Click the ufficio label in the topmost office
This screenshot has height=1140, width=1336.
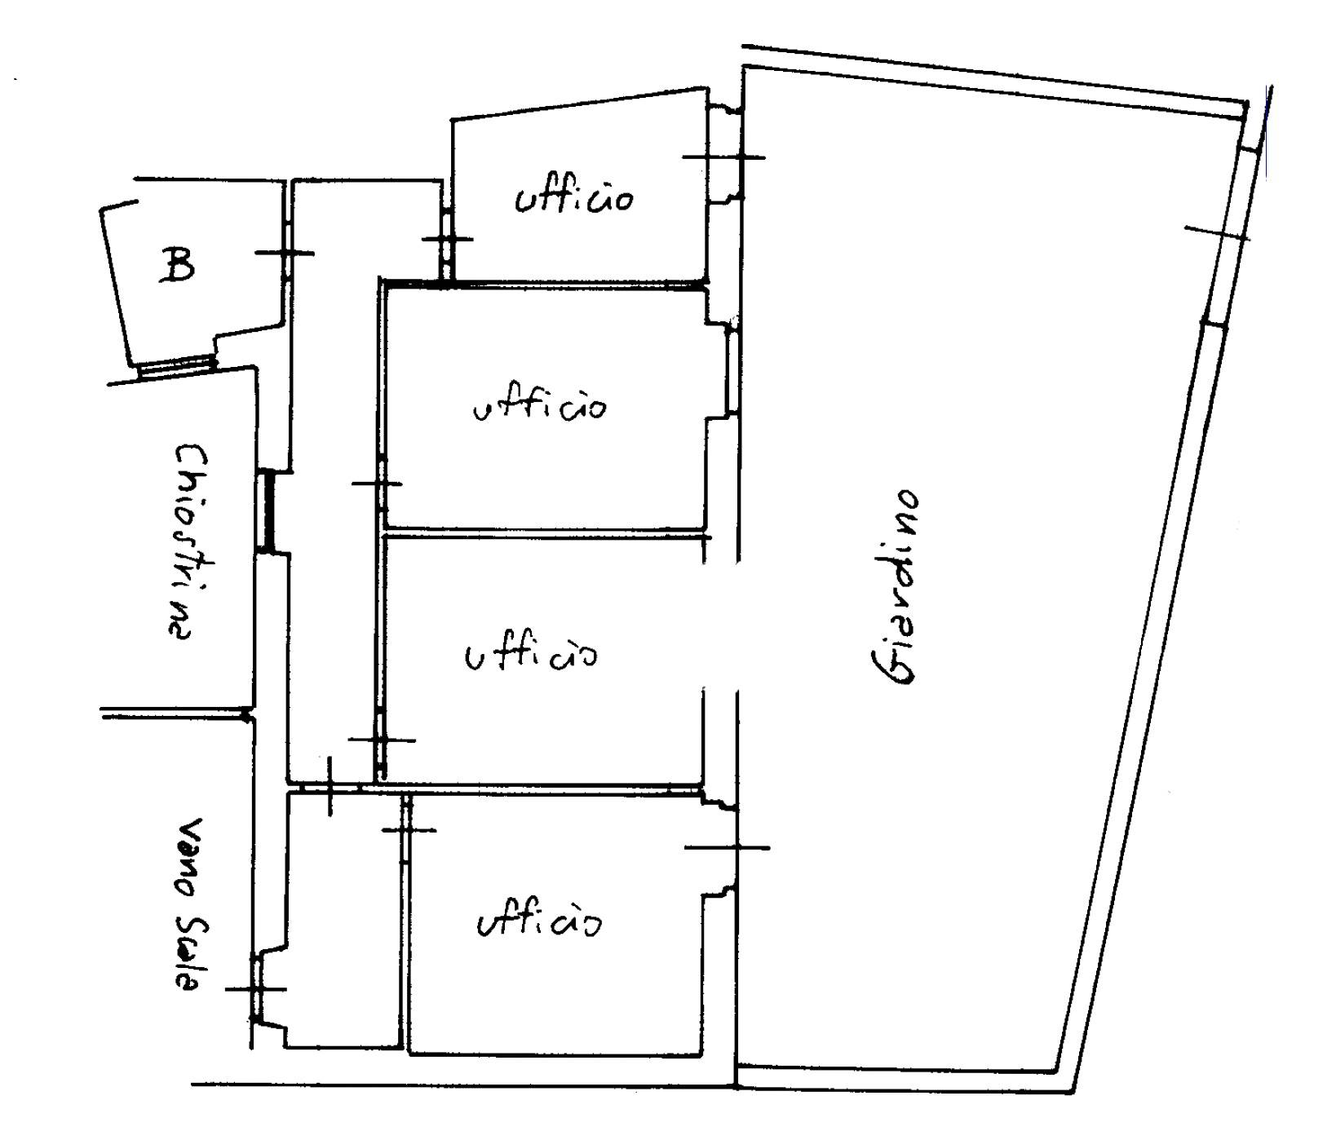tap(573, 197)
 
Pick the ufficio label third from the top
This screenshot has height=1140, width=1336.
tap(531, 654)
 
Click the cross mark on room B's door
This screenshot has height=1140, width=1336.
tap(285, 253)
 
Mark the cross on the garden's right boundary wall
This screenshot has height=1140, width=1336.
tap(1216, 233)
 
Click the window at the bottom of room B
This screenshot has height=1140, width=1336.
tap(177, 366)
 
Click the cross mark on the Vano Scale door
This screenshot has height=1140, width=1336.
tap(255, 989)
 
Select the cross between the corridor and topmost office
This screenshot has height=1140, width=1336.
tap(447, 240)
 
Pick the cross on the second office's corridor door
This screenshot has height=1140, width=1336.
tap(378, 484)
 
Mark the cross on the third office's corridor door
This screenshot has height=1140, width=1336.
tap(381, 740)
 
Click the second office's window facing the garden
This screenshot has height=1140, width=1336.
tap(732, 367)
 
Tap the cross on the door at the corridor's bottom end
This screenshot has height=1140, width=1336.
tap(330, 786)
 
